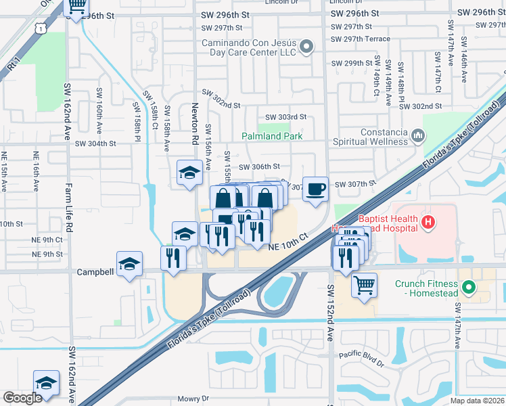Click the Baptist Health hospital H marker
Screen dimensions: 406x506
tap(427, 221)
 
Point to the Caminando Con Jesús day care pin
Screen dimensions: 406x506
tap(306, 47)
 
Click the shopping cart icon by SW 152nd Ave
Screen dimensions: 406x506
tap(364, 286)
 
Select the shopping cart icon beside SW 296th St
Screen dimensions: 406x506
tap(77, 6)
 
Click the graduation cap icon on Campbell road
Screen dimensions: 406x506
tap(129, 265)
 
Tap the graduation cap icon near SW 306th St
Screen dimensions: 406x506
tap(189, 173)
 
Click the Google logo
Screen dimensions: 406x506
tap(22, 398)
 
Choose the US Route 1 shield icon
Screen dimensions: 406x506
tap(42, 26)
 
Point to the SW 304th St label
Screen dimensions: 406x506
tap(95, 143)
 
